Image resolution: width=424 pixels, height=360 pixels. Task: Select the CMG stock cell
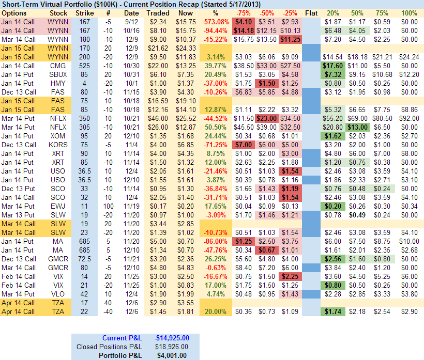click(x=57, y=66)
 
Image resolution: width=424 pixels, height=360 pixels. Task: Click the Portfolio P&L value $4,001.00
click(x=172, y=355)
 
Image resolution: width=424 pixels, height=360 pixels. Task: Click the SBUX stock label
click(x=57, y=75)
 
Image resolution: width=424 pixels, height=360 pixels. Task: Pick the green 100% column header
click(x=408, y=12)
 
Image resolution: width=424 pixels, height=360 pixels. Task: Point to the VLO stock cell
click(x=57, y=294)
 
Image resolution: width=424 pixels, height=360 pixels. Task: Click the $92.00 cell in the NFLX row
click(x=408, y=118)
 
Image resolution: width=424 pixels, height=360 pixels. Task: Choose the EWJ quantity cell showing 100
click(x=108, y=206)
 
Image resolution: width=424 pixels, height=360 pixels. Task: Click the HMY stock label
click(x=57, y=84)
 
